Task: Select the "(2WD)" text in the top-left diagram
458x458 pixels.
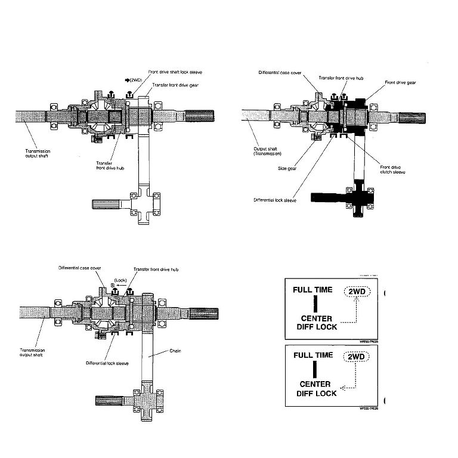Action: point(130,79)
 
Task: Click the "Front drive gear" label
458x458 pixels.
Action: point(400,82)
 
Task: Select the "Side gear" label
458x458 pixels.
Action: point(287,169)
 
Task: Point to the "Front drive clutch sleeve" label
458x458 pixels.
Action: point(393,170)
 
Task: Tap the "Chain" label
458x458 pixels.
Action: point(175,351)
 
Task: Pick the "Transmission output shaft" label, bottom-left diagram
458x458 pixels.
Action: point(33,352)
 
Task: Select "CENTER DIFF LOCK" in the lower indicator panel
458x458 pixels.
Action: point(318,389)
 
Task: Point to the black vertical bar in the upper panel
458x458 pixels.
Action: point(317,301)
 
